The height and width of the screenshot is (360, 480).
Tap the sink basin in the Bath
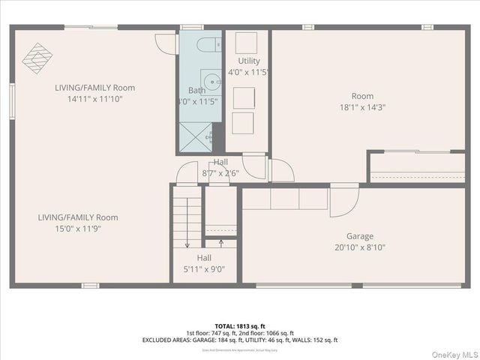pos(211,80)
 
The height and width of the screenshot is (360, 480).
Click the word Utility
pos(249,61)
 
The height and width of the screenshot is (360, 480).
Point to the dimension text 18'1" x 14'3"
pos(362,107)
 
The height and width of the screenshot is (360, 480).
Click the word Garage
pos(359,235)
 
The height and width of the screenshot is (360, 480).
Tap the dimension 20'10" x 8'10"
pos(359,247)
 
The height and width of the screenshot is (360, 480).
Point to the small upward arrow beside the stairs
pos(220,242)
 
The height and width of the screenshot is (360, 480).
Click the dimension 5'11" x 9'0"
pos(204,269)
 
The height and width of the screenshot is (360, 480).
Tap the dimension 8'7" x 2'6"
pos(220,173)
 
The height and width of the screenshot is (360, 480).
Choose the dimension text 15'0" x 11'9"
pos(78,229)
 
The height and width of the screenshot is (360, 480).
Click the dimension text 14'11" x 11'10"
pos(95,98)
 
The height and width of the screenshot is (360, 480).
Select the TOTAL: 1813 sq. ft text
pos(240,326)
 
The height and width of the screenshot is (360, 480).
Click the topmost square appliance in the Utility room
pos(246,42)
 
